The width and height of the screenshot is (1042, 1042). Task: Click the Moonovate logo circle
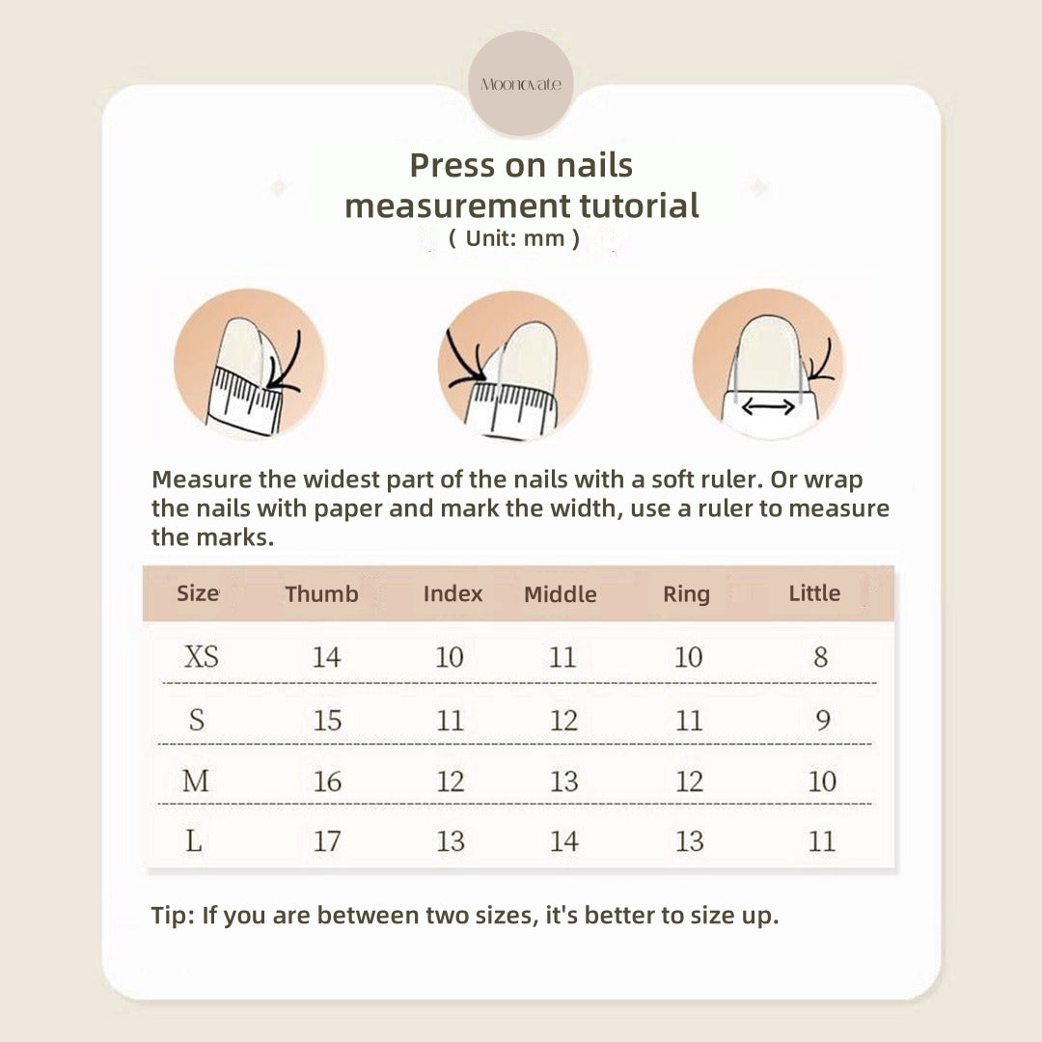[x=520, y=84]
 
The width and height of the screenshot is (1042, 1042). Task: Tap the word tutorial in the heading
[x=639, y=206]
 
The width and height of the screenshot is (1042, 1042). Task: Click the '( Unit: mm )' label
[x=513, y=238]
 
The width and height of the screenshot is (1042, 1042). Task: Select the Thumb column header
[x=321, y=593]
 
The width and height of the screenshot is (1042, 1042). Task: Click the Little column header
[x=814, y=592]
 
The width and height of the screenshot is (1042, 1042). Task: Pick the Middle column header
[x=561, y=593]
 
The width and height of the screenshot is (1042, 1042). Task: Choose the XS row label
[x=201, y=657]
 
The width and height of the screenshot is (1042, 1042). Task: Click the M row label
[x=195, y=781]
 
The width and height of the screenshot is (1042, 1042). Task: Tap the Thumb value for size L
[x=327, y=841]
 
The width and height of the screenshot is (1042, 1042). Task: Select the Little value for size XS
[x=821, y=657]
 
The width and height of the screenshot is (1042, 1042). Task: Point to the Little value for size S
[x=823, y=720]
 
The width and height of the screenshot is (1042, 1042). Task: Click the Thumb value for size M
[x=327, y=781]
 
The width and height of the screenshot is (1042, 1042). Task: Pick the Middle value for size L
[x=564, y=841]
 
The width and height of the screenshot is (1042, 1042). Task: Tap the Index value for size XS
[x=450, y=657]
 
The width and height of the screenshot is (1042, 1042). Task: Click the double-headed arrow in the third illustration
[x=768, y=407]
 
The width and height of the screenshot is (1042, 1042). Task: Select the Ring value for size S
[x=689, y=721]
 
